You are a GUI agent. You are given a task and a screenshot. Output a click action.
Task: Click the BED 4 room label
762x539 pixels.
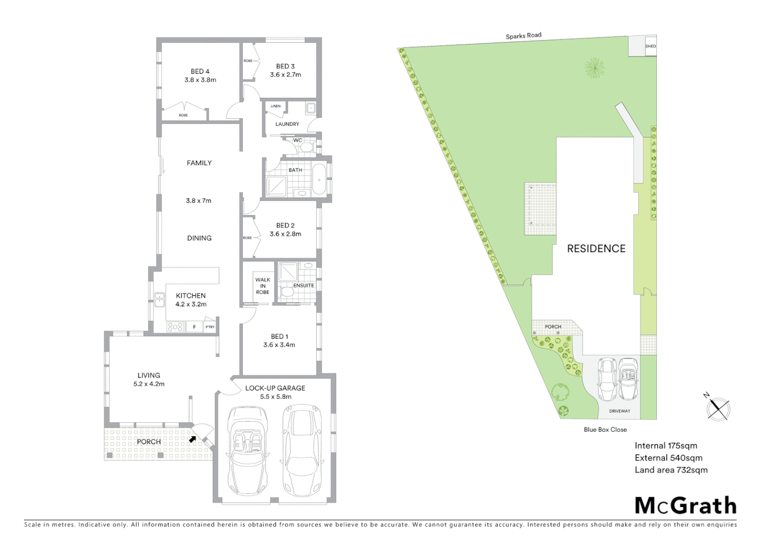coord(200,71)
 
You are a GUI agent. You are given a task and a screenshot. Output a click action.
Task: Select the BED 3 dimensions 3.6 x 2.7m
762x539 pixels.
coord(285,75)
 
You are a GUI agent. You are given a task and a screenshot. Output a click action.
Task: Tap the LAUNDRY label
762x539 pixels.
coord(287,124)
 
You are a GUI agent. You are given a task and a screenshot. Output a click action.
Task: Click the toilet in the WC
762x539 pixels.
coord(308,147)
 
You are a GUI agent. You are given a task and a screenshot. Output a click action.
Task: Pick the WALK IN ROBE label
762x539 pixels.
coord(262,286)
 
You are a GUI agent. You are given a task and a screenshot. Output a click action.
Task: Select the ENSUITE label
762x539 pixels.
coord(304,285)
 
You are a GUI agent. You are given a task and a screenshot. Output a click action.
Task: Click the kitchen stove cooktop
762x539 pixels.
coord(175,327)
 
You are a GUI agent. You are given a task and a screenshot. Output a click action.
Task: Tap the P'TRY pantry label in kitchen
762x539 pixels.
coord(209,327)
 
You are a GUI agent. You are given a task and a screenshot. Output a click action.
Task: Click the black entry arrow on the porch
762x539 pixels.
coord(192,439)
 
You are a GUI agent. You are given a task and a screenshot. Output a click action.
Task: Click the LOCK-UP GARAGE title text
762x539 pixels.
coord(275,388)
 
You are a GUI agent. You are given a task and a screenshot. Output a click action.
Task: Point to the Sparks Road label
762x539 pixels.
coord(523,36)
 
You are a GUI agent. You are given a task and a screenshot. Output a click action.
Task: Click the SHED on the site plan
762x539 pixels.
coord(650,46)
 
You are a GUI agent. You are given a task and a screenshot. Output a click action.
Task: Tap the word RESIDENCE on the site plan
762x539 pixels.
coord(596,249)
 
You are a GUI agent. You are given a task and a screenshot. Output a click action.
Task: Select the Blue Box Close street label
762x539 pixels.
coord(605,429)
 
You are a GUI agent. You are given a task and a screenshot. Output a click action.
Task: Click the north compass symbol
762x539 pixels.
coord(719,409)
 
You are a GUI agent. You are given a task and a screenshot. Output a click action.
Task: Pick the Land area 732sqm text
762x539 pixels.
coord(671,470)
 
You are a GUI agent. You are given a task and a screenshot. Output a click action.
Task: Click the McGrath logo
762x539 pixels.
coord(685,506)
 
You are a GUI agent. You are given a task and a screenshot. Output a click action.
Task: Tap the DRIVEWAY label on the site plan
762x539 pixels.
coord(619,411)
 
